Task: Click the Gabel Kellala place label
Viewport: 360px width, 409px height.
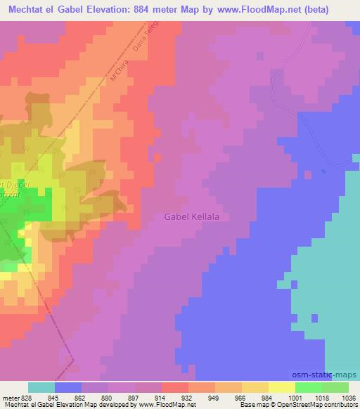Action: (192, 217)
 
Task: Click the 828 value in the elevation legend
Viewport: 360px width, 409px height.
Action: (20, 397)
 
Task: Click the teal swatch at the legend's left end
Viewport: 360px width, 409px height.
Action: (41, 387)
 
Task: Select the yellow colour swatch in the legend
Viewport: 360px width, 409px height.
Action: (282, 387)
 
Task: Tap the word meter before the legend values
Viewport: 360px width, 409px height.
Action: (8, 397)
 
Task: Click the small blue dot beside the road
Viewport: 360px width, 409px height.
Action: (323, 171)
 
